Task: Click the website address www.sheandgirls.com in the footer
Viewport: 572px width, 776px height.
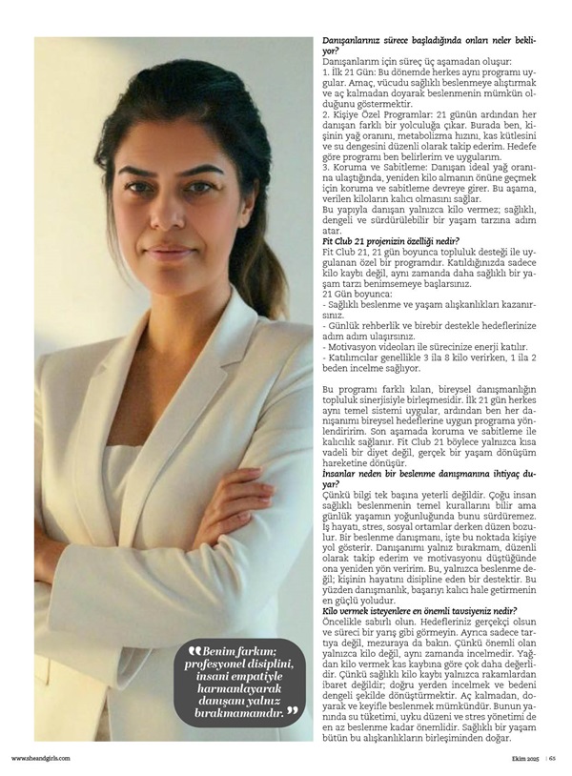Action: tap(40, 758)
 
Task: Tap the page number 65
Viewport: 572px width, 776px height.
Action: tap(552, 758)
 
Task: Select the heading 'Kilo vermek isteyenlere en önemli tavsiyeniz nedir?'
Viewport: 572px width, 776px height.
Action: tap(419, 610)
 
